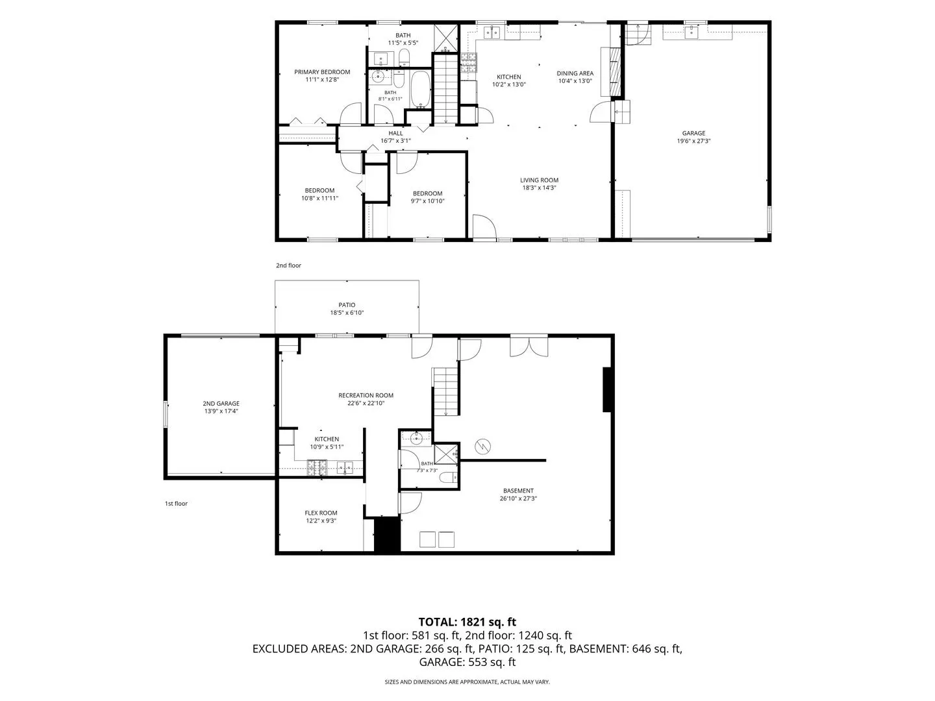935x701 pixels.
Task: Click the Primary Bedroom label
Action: [x=322, y=72]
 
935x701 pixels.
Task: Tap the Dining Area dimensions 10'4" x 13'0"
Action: [x=575, y=81]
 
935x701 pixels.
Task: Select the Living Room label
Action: [x=540, y=180]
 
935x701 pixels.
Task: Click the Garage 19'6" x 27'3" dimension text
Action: [x=693, y=141]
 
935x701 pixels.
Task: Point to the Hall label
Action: [x=395, y=133]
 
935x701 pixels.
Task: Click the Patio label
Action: [x=347, y=305]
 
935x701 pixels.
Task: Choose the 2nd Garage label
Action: [x=221, y=404]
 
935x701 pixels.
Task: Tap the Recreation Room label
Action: [x=366, y=395]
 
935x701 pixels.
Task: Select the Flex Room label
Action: [x=321, y=513]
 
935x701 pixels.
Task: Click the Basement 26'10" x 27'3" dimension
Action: [x=518, y=498]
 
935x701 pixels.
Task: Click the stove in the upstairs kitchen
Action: [x=469, y=62]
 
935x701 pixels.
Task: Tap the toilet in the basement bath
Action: [x=447, y=478]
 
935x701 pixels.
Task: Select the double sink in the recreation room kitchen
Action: [x=345, y=468]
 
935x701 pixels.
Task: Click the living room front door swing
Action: [x=484, y=227]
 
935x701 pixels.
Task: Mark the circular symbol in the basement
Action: [x=482, y=447]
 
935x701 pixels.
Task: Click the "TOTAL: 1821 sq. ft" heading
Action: [x=467, y=622]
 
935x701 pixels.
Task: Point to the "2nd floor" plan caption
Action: [x=288, y=265]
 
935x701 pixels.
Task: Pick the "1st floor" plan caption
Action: [x=176, y=504]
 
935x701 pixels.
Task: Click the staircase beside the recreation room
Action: [x=445, y=391]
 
